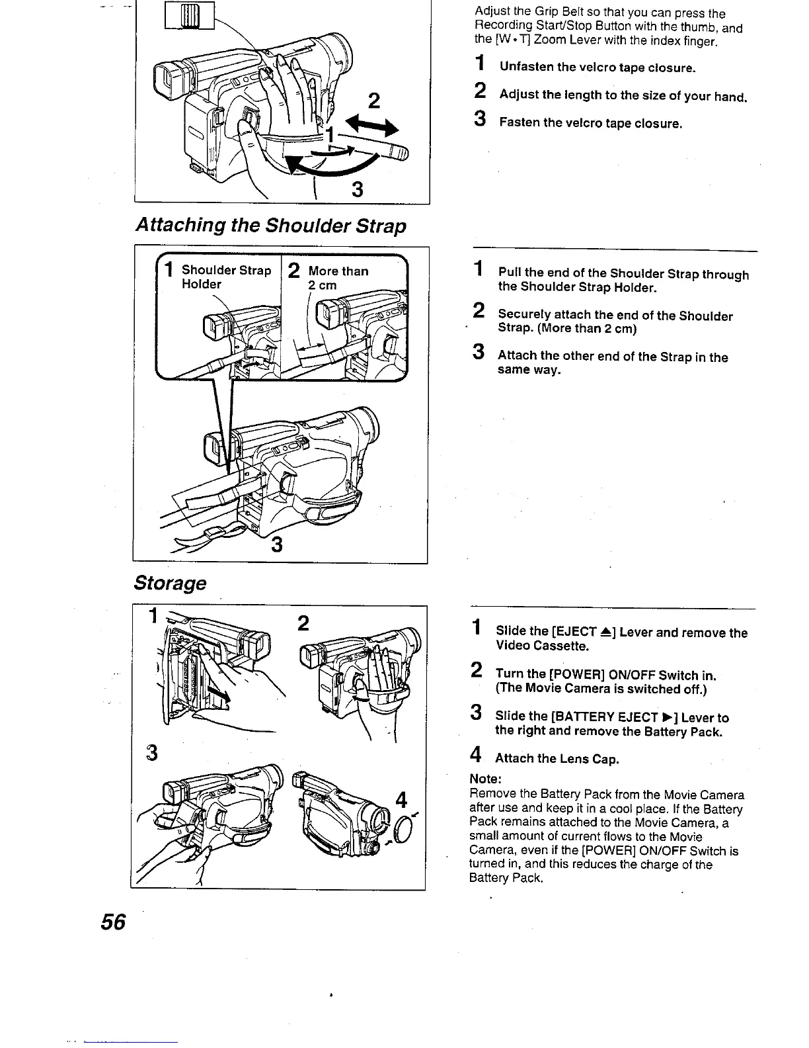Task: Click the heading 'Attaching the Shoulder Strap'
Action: point(270,226)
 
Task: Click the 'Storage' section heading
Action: point(170,583)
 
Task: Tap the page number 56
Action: point(114,922)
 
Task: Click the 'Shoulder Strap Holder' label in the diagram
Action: point(226,277)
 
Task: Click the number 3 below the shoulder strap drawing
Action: point(278,545)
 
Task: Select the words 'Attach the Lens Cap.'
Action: point(557,759)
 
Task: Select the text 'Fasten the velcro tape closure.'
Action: point(590,124)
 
